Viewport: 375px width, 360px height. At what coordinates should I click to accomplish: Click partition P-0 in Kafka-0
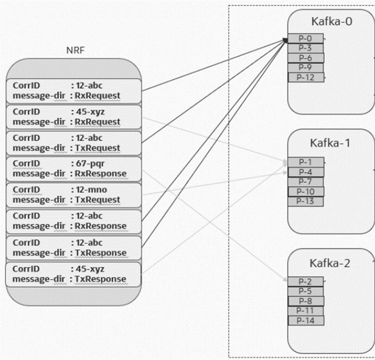305,38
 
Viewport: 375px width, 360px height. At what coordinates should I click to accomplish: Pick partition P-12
305,77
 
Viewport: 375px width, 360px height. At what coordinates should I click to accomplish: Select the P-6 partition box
305,58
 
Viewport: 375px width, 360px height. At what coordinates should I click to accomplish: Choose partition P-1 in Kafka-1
305,162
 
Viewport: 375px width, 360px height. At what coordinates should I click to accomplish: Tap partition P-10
305,191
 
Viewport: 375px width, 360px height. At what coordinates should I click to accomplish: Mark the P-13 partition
305,201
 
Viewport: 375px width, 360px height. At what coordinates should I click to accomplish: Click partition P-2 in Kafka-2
305,281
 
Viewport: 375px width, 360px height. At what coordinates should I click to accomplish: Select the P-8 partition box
305,301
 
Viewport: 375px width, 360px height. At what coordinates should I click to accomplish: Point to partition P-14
305,321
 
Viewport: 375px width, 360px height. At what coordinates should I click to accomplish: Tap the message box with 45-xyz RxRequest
73,116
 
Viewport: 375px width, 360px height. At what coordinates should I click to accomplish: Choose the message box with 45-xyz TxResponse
73,273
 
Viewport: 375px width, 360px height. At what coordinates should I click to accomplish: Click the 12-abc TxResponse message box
73,247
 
